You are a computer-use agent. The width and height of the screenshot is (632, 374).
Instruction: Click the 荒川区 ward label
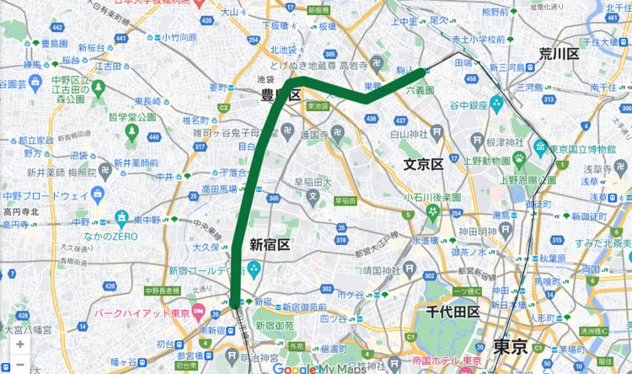(560, 55)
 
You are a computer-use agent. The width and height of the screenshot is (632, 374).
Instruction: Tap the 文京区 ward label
(423, 164)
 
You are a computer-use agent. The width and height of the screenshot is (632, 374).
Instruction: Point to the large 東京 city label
(511, 346)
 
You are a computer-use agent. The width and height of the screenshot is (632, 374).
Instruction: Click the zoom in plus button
(19, 345)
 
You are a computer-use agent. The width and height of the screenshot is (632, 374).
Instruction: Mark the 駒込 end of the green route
(423, 72)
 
